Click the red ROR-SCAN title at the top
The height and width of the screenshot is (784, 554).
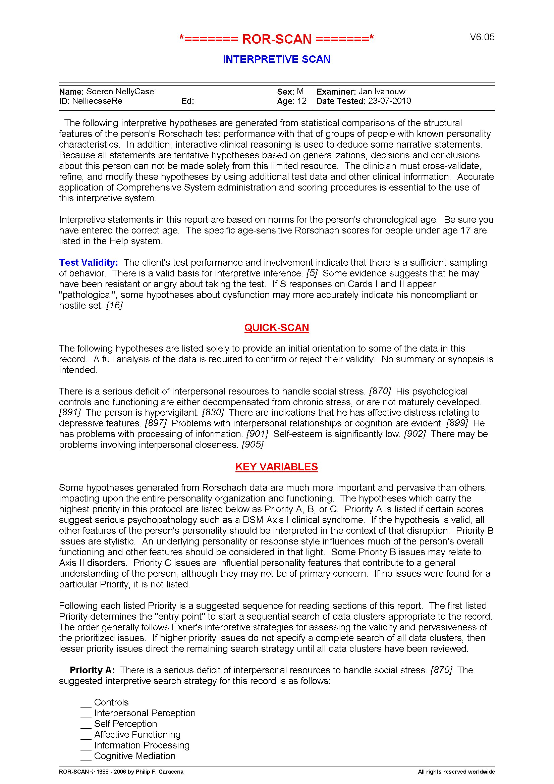click(276, 39)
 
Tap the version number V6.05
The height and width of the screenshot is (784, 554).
click(482, 37)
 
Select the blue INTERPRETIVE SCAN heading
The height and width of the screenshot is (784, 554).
click(276, 59)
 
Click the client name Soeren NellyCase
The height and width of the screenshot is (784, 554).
click(120, 92)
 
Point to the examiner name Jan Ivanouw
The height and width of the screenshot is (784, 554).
click(382, 92)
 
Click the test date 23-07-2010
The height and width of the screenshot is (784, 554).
click(389, 101)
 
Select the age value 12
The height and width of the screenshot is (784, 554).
click(302, 101)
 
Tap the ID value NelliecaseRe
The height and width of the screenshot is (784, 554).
click(97, 101)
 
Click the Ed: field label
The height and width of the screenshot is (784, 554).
click(187, 101)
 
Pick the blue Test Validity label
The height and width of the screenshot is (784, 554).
click(89, 262)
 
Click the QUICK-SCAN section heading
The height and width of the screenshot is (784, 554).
click(276, 327)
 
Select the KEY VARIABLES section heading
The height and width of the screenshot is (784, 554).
click(276, 467)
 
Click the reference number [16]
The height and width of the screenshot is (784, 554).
click(114, 305)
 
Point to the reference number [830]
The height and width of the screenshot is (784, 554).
click(213, 413)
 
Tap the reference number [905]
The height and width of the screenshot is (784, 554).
click(253, 445)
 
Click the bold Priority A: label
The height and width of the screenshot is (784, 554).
click(92, 670)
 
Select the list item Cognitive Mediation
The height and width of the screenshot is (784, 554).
click(134, 756)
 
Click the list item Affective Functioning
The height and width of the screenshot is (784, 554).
click(137, 734)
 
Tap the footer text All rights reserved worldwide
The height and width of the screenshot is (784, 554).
click(456, 772)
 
